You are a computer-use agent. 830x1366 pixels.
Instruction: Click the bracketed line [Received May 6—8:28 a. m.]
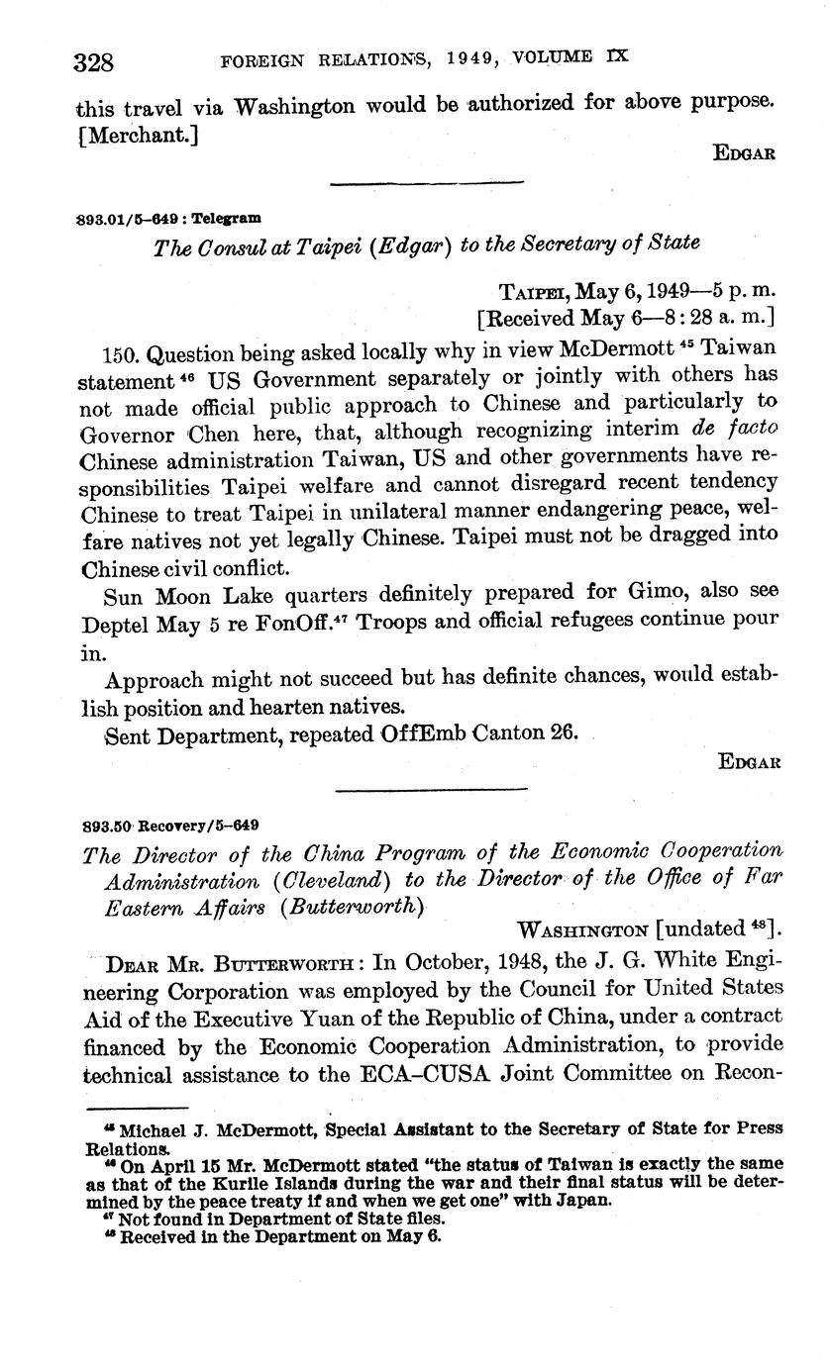point(626,318)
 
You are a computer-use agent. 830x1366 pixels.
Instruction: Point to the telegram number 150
point(123,353)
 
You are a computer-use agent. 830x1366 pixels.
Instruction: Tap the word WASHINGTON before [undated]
point(583,930)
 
